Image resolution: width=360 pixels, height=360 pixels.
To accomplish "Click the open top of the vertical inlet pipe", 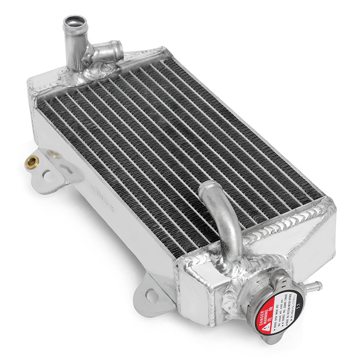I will (75, 21).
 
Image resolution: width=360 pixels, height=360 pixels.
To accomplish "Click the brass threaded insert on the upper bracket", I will (32, 162).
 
